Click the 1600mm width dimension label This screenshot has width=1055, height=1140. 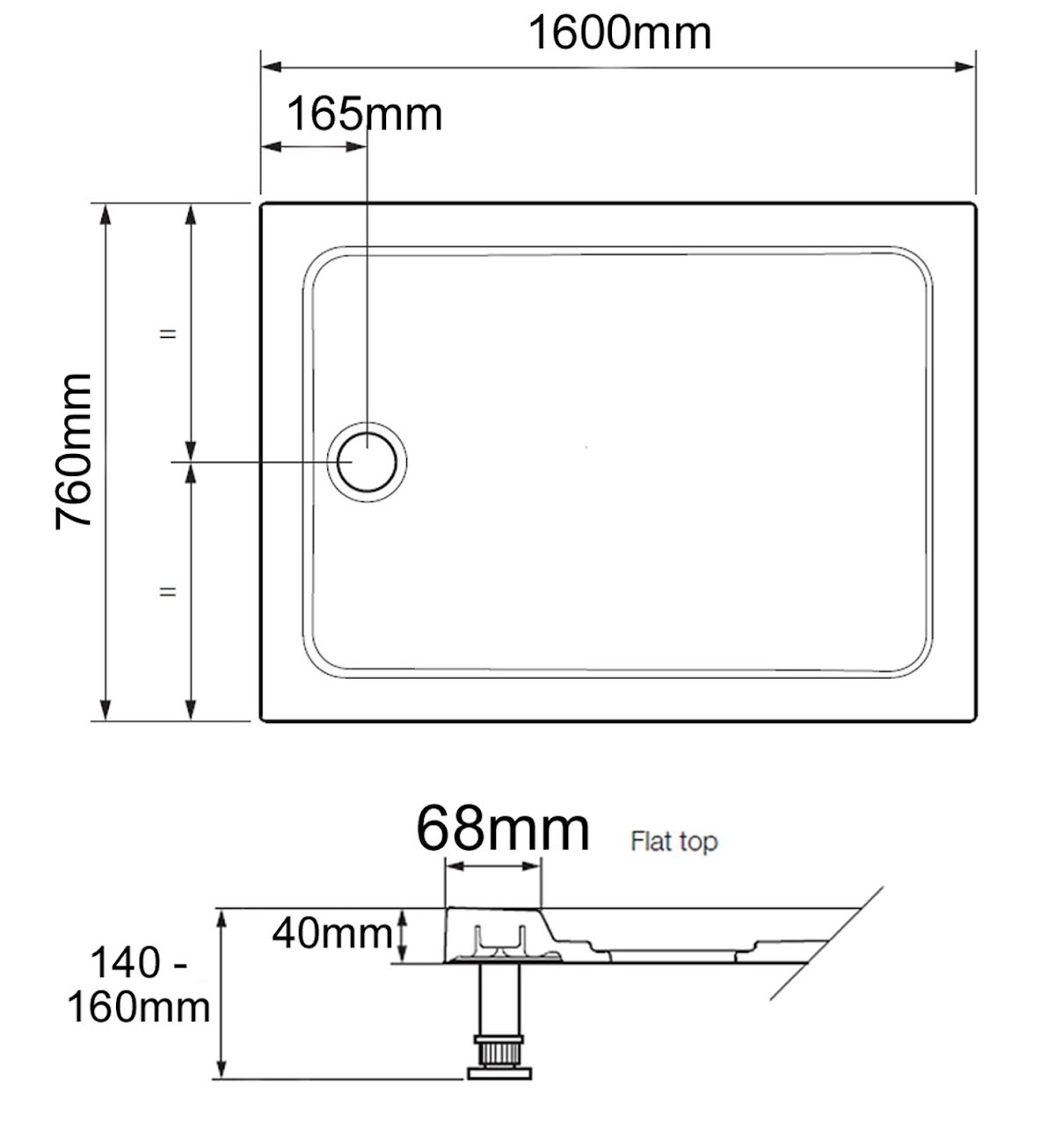coord(619,33)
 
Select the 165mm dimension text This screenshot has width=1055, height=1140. coord(365,114)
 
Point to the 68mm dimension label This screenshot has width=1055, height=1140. coord(502,829)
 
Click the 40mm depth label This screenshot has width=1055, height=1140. coord(331,933)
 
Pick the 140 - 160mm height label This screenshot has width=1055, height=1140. coord(139,986)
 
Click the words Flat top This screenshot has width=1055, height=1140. coord(673,842)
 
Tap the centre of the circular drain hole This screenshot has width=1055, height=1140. coord(367,462)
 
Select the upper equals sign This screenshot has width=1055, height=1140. coord(167,334)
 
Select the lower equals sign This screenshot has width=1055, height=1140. coord(167,592)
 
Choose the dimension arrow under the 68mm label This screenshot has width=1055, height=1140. coord(493,866)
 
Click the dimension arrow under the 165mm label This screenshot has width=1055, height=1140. coord(314,146)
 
